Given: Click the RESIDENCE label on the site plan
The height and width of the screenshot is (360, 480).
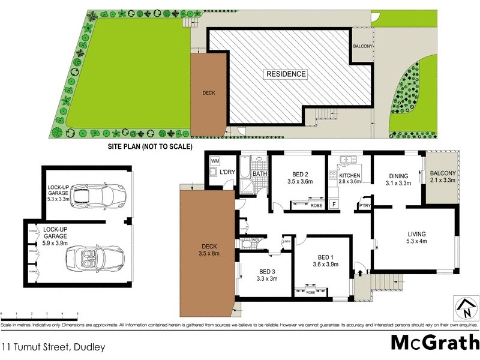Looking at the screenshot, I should [x=286, y=74].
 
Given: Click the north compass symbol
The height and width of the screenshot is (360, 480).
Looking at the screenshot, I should [x=464, y=307].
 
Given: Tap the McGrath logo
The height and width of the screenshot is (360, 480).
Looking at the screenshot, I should [x=434, y=342].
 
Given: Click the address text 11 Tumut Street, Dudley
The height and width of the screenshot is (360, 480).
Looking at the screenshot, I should [x=53, y=347].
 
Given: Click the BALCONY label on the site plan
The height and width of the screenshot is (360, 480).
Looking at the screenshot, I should [x=364, y=47].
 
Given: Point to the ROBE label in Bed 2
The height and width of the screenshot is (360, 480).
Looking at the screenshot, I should [x=316, y=205].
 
